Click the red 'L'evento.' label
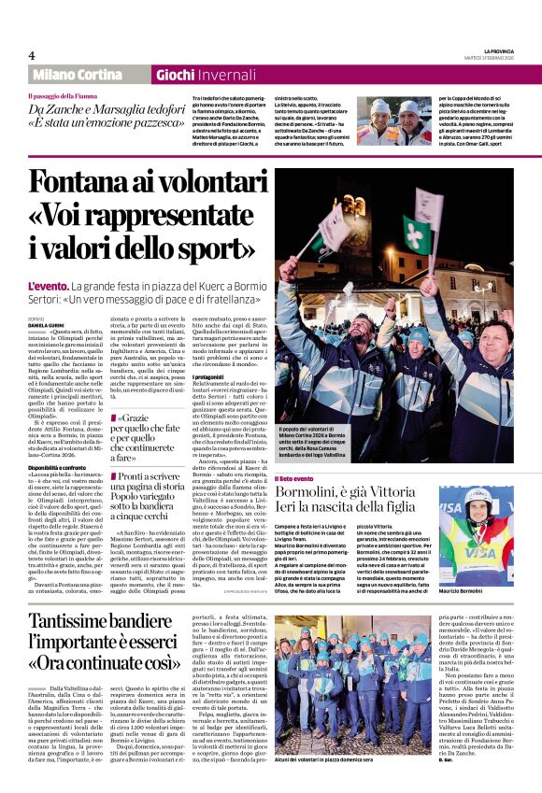click(x=47, y=286)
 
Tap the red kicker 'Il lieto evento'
click(x=294, y=478)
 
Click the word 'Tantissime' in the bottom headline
click(x=87, y=623)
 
